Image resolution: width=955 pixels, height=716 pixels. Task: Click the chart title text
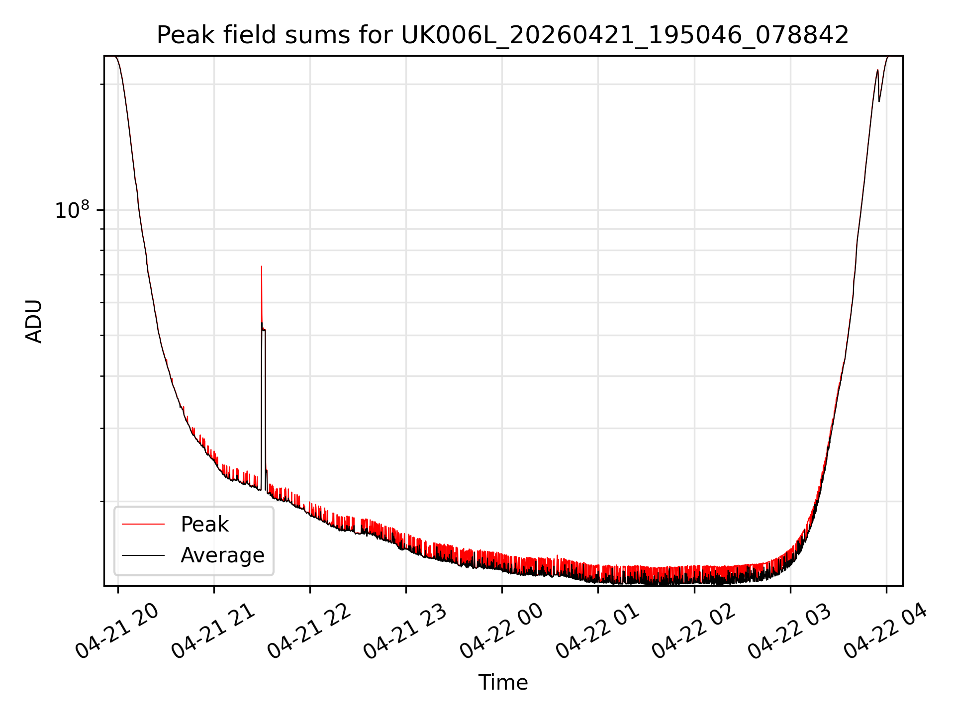[x=503, y=35]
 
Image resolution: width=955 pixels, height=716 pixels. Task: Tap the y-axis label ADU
[x=34, y=321]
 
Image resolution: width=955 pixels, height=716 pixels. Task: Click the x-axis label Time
[x=503, y=683]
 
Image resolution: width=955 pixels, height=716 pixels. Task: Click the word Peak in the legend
[x=204, y=525]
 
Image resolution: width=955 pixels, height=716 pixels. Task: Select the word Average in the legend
[x=222, y=555]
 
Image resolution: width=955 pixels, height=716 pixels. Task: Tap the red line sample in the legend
[x=143, y=524]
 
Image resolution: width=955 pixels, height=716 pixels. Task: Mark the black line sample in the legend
[x=143, y=555]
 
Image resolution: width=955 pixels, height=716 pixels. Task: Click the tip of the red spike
[x=262, y=267]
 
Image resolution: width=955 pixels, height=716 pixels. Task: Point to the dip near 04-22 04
[x=879, y=101]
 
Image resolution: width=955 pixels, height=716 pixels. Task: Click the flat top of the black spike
[x=264, y=329]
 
